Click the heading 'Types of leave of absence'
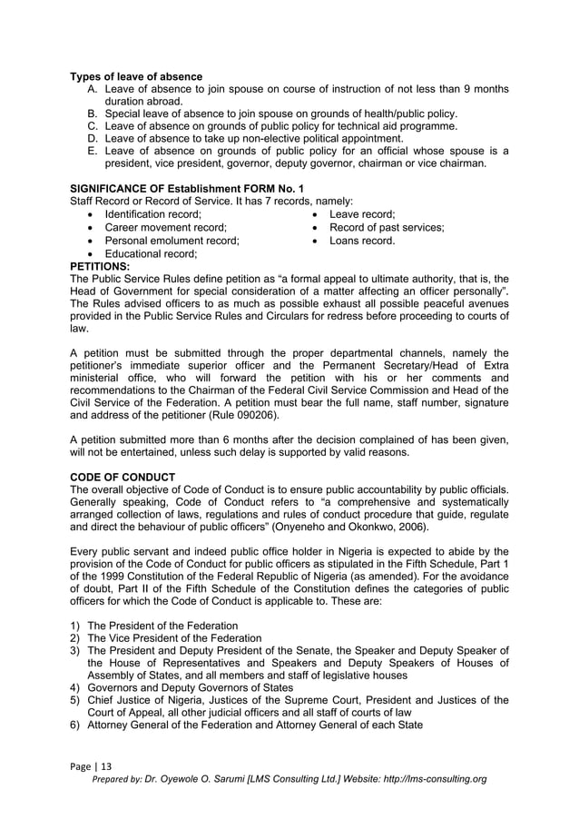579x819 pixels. pos(136,76)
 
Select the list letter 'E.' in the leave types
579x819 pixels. pos(93,151)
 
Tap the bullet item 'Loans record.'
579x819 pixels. pos(361,242)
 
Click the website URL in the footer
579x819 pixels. pos(427,779)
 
